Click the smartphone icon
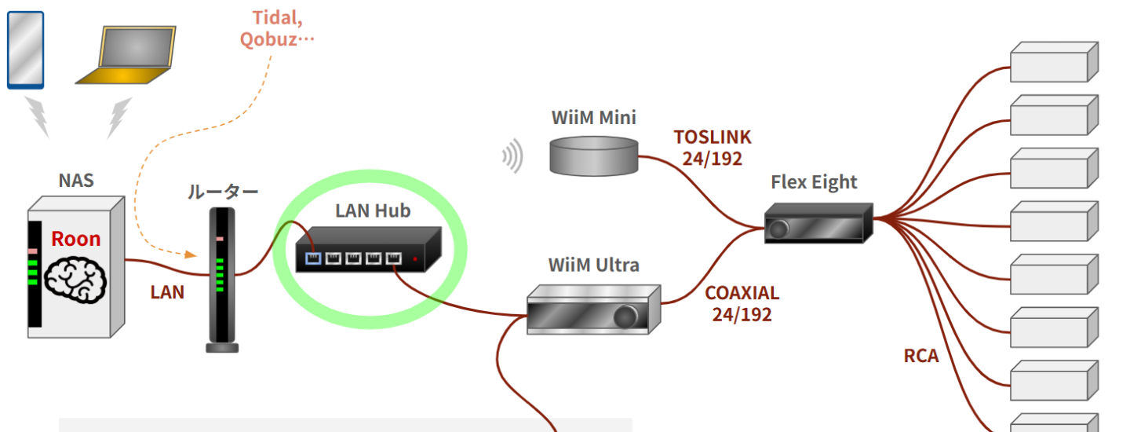(25, 49)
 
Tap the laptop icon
(126, 56)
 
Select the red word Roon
(75, 239)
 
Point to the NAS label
(76, 181)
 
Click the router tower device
(221, 279)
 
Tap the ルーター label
(222, 192)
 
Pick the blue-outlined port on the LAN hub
(313, 258)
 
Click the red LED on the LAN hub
(415, 258)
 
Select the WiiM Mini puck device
(593, 155)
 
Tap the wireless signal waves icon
(512, 156)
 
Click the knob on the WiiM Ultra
(625, 317)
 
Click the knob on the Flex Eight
(778, 229)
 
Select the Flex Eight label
(814, 183)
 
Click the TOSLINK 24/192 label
(712, 147)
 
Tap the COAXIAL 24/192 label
(742, 304)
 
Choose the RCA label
(920, 356)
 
